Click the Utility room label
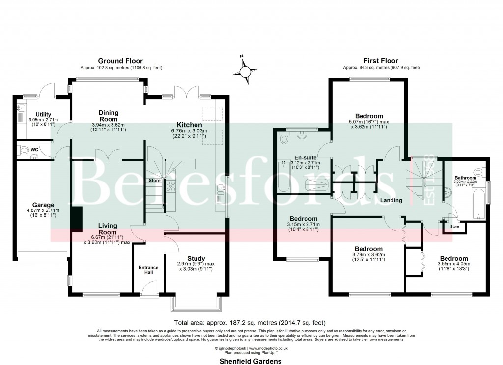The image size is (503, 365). pyautogui.click(x=37, y=114)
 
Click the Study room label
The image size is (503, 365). pyautogui.click(x=196, y=258)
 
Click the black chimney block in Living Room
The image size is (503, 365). pyautogui.click(x=76, y=219)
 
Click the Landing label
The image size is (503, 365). pyautogui.click(x=391, y=200)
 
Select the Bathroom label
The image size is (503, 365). pyautogui.click(x=465, y=178)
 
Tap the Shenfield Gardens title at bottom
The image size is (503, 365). pyautogui.click(x=251, y=360)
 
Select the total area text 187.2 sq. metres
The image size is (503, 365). pyautogui.click(x=251, y=322)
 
